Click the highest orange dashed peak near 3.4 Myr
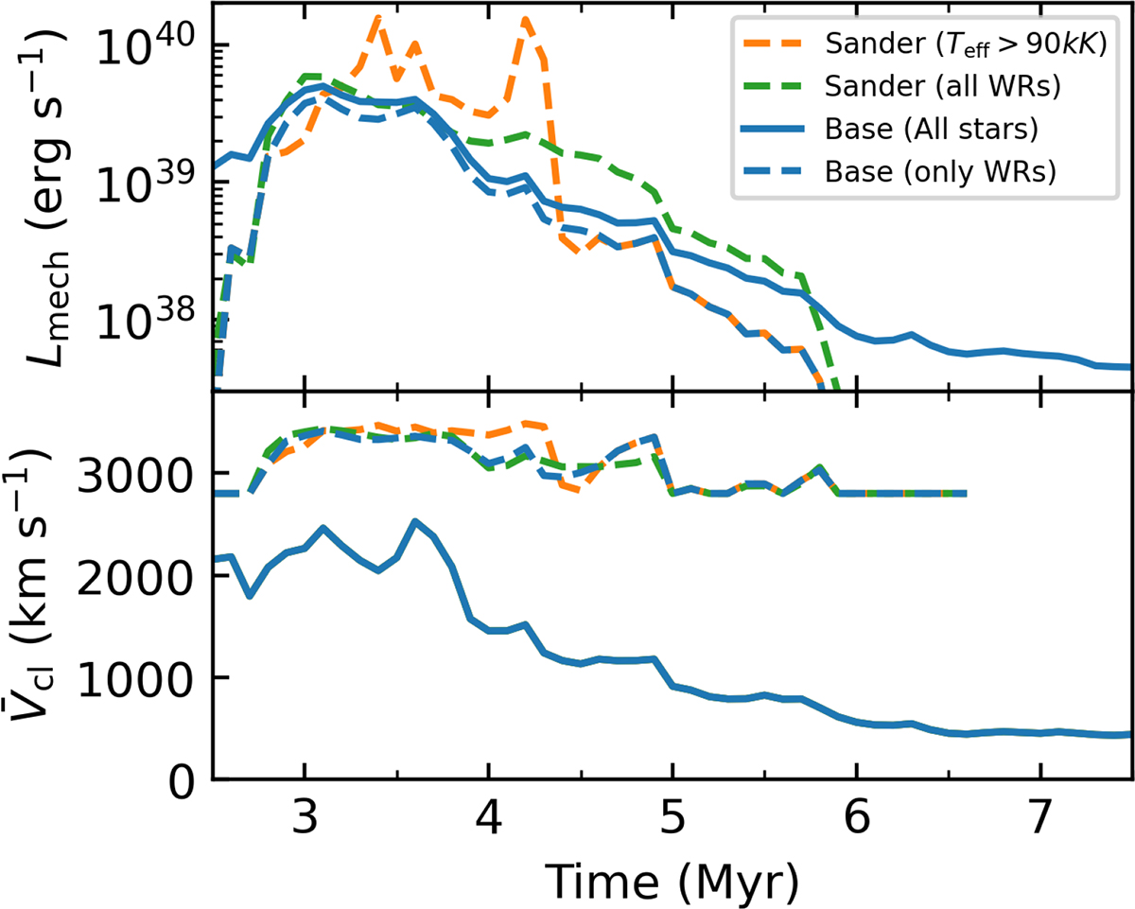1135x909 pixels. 378,17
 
